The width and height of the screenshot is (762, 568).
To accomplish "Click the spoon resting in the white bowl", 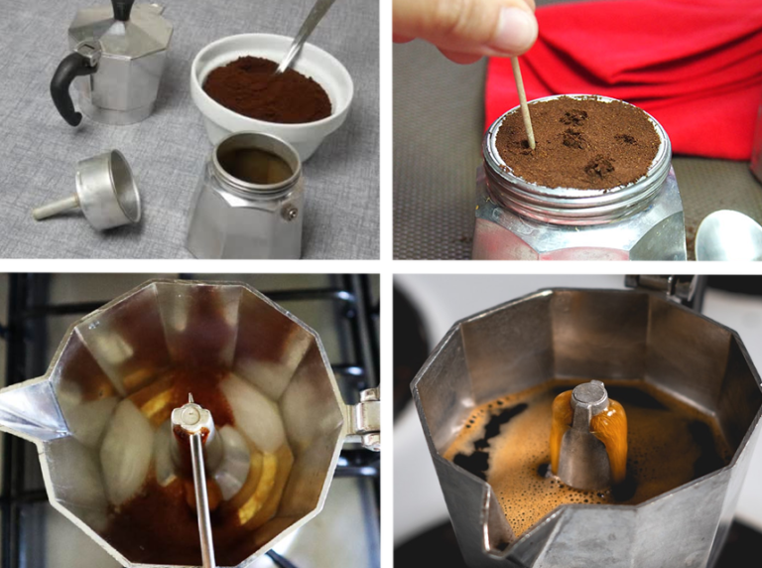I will click(x=304, y=35).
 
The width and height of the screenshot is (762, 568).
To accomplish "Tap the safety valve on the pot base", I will click(x=289, y=210).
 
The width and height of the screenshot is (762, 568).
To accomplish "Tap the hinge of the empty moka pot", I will click(x=364, y=417).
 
